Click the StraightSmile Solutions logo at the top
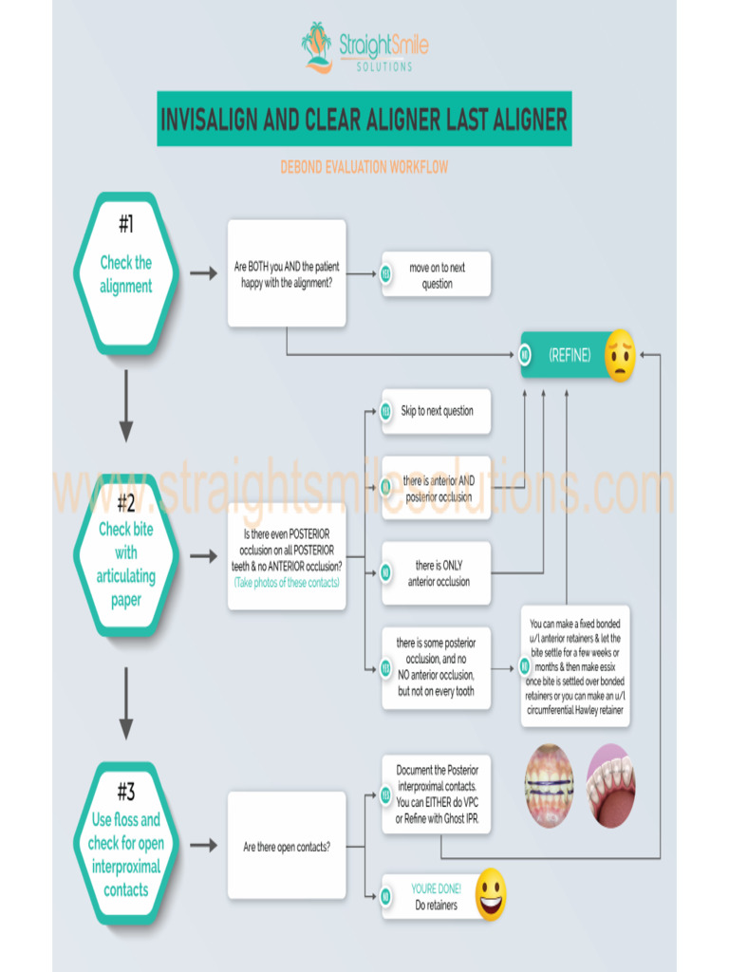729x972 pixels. [x=364, y=47]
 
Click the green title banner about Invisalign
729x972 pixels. [x=364, y=120]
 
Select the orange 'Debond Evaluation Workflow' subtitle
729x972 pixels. [x=364, y=167]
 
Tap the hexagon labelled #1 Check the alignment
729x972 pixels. [x=125, y=274]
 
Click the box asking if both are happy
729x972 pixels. [x=286, y=274]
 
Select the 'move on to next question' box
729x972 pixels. [x=437, y=275]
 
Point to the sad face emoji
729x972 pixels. [x=619, y=355]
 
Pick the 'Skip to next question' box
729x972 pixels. [x=437, y=411]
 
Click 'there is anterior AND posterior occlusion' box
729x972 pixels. [x=437, y=489]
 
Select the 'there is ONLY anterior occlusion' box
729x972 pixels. [x=437, y=573]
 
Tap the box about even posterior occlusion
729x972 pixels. [x=286, y=556]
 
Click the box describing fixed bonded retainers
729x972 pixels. [x=575, y=666]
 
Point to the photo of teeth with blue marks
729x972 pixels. [x=550, y=785]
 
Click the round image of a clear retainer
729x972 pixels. [x=611, y=785]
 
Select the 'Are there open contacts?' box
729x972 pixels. [x=286, y=846]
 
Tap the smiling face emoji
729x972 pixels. [x=491, y=894]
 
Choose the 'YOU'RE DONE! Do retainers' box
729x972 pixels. [x=434, y=897]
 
